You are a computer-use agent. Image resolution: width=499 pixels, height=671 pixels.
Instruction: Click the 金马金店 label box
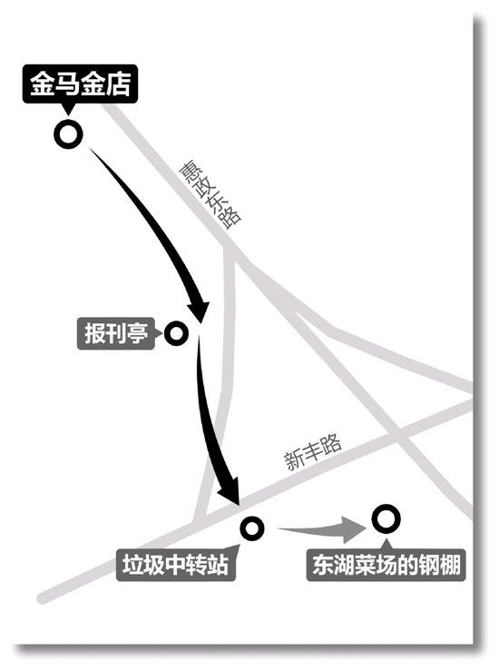[x=80, y=84]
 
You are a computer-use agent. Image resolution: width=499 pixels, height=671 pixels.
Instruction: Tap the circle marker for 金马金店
[x=68, y=134]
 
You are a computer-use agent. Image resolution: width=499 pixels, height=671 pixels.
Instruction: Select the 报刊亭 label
[x=116, y=333]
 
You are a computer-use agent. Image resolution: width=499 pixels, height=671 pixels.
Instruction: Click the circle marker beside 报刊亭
[x=176, y=333]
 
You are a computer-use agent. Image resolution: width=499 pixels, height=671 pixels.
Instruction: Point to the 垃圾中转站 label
[x=176, y=565]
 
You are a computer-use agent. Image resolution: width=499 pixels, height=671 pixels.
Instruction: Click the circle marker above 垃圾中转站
[x=252, y=528]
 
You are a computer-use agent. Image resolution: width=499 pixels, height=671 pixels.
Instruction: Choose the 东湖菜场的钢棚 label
[x=386, y=565]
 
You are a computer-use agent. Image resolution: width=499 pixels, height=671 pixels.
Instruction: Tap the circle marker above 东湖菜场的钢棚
[x=386, y=518]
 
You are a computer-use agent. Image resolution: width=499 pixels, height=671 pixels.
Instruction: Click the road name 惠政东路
[x=210, y=195]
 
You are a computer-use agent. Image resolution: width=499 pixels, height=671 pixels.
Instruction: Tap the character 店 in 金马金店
[x=118, y=84]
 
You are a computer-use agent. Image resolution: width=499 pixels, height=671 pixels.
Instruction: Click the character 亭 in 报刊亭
[x=138, y=333]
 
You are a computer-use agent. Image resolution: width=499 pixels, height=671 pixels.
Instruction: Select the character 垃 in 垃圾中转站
[x=133, y=565]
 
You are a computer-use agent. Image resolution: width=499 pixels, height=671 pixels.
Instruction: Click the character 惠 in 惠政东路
[x=189, y=171]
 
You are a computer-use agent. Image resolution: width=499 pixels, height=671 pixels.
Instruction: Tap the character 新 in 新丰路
[x=295, y=461]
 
